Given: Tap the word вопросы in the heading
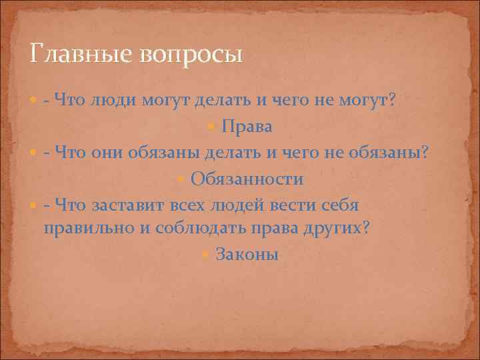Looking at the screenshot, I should pyautogui.click(x=191, y=53).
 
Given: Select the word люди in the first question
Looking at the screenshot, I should pyautogui.click(x=113, y=101).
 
